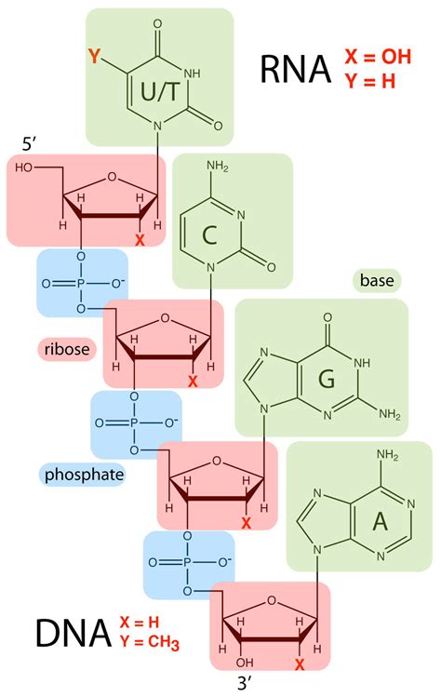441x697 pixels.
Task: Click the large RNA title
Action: click(x=296, y=70)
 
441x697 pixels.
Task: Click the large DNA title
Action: click(x=73, y=633)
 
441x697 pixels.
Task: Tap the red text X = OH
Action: click(x=379, y=57)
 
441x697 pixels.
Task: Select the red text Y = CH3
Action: click(x=150, y=643)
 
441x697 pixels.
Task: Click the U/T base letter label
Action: click(x=160, y=92)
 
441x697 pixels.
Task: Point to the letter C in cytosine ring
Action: click(x=209, y=235)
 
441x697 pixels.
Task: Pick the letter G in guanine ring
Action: click(x=327, y=379)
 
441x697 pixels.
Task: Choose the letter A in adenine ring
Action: click(x=381, y=521)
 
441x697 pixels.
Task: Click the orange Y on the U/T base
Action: click(x=94, y=57)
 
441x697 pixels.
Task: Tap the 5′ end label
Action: click(x=29, y=143)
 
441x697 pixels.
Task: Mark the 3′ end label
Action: click(x=246, y=682)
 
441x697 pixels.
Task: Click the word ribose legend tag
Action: click(x=67, y=348)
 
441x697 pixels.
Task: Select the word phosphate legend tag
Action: click(x=84, y=475)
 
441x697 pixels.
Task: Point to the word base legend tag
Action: click(x=377, y=280)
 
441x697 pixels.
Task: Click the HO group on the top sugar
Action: click(x=25, y=168)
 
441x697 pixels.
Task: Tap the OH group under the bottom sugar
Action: click(x=245, y=663)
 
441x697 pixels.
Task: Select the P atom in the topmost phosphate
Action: click(x=80, y=284)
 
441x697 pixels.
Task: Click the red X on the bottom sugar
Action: click(x=300, y=664)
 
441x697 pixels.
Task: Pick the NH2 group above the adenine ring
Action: click(x=388, y=455)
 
